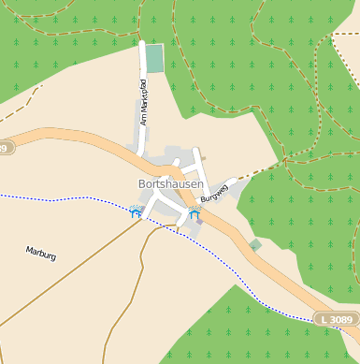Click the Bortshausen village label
coord(169,184)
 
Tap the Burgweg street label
coord(214,193)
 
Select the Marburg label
coord(41,254)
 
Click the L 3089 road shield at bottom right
coord(336,320)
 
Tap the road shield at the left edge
coord(6,148)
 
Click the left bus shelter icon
coord(137,212)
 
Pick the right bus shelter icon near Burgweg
coord(194,213)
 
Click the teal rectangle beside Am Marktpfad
coord(154,58)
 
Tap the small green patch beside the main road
coord(255,245)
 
